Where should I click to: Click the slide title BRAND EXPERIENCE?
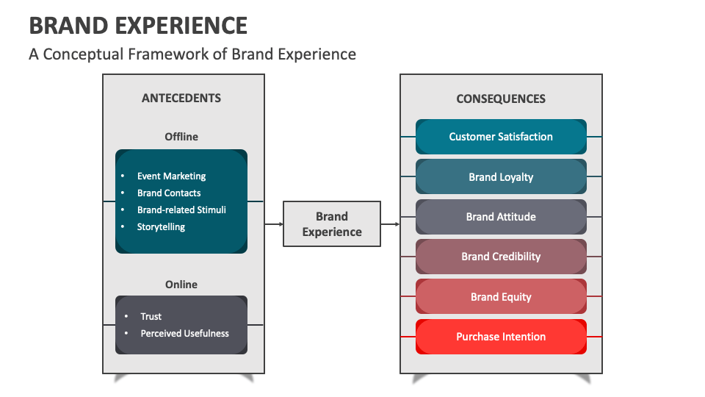(x=138, y=25)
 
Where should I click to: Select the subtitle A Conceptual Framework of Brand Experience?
(x=192, y=54)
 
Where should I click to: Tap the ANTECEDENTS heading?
(x=181, y=98)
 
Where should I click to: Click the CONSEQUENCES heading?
(x=501, y=99)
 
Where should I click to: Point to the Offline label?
(x=181, y=137)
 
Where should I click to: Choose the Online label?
(x=181, y=285)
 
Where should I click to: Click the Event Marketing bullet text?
(x=171, y=176)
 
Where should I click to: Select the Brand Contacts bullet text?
(x=169, y=193)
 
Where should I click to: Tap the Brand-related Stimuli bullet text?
(x=181, y=210)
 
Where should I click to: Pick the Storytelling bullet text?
(x=161, y=227)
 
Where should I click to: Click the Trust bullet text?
(x=151, y=317)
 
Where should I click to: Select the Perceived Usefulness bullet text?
(x=184, y=334)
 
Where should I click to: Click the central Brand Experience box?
(x=332, y=224)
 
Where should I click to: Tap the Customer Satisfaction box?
(x=501, y=137)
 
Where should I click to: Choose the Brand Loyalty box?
(x=501, y=177)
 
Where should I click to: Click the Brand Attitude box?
(x=501, y=217)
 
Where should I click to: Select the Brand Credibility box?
(x=501, y=257)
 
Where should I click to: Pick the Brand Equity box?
(x=501, y=297)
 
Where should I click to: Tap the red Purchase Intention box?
(x=501, y=337)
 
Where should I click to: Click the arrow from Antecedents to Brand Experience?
(x=274, y=224)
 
